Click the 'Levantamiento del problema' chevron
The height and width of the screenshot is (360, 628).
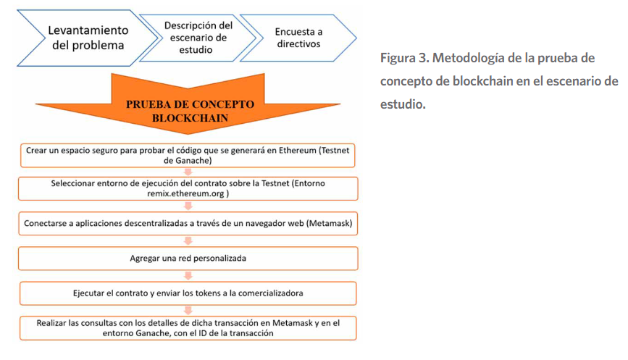tap(88, 38)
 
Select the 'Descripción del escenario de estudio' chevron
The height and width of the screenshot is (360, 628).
tap(198, 38)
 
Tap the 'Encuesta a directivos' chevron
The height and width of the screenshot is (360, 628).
tap(298, 38)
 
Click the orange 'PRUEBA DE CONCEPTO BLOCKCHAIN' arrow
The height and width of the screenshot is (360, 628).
tap(188, 104)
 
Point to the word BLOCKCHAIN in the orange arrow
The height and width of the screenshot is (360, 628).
tap(190, 118)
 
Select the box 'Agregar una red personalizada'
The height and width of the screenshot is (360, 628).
tap(188, 259)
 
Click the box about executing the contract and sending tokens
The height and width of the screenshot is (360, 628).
tap(188, 293)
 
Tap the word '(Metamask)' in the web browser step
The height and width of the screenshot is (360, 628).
tap(330, 223)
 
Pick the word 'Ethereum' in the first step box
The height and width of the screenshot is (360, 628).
tap(298, 151)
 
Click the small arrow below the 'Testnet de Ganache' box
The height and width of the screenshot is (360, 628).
tap(188, 172)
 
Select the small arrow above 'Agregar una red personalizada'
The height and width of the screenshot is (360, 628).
tap(188, 240)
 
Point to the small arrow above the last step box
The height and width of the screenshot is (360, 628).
tap(188, 310)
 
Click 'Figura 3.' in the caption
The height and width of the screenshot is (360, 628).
tap(404, 58)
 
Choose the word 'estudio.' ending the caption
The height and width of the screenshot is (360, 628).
tap(403, 104)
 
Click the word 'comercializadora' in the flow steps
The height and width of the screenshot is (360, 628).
tap(270, 293)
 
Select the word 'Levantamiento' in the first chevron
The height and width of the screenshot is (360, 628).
tap(88, 30)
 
